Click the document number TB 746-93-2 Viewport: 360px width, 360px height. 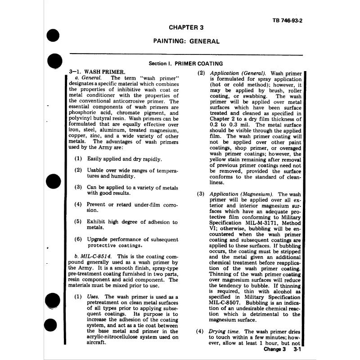(x=287, y=21)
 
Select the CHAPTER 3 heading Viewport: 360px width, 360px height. (x=186, y=27)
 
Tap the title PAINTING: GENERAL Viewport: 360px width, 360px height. (x=186, y=41)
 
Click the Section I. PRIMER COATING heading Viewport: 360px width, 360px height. (x=185, y=64)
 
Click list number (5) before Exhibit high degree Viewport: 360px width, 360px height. (x=78, y=222)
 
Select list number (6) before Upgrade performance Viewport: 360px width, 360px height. (x=78, y=239)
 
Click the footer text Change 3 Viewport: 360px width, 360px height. (x=274, y=349)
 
